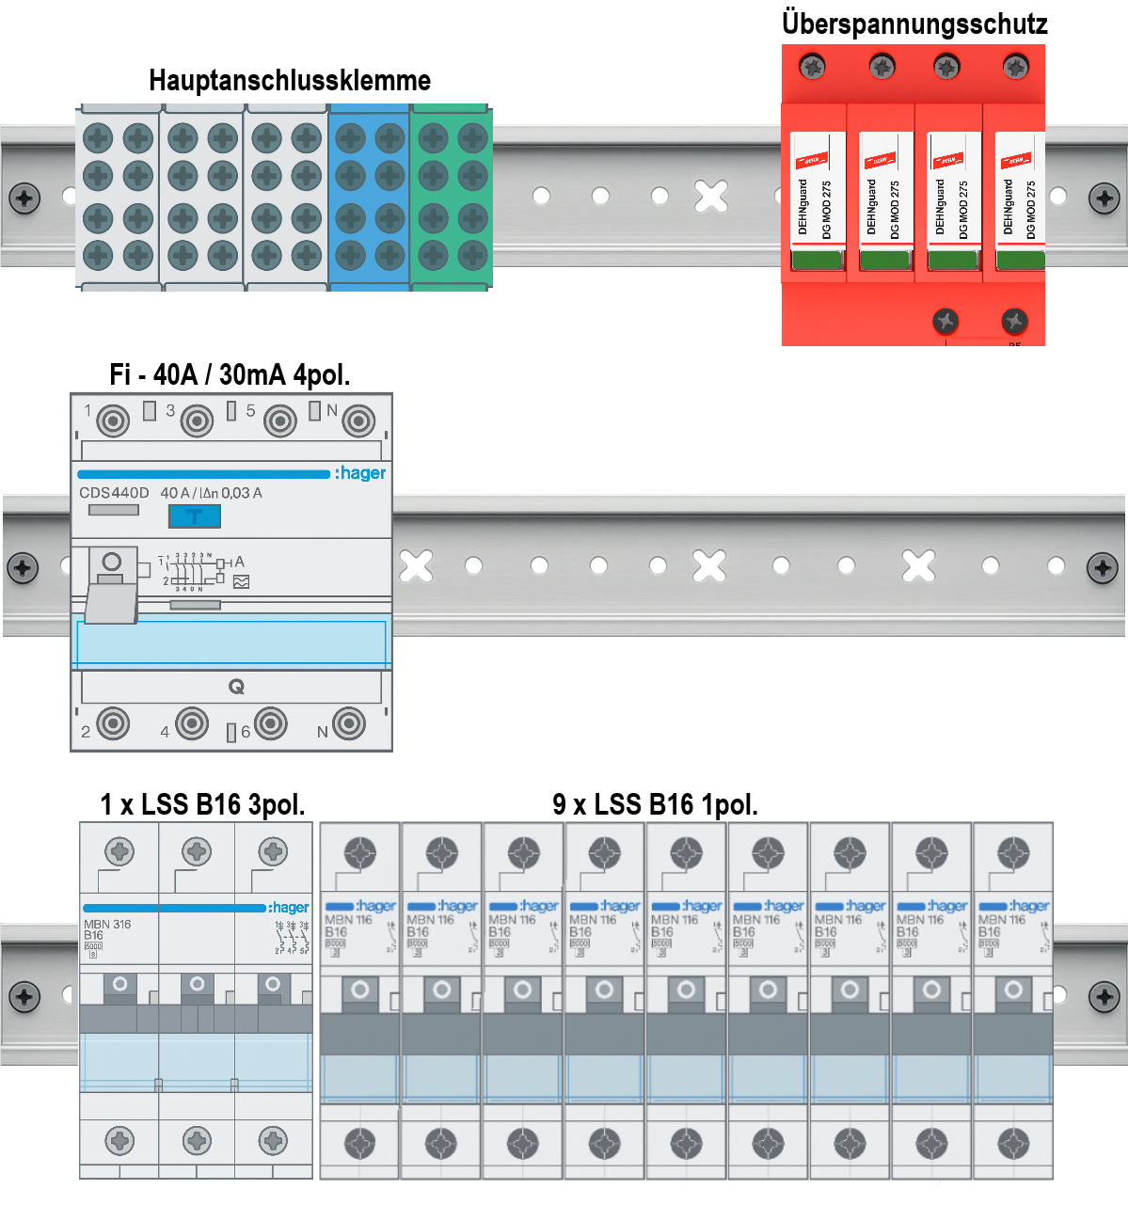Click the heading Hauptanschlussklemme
tap(290, 81)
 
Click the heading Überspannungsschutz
tap(914, 24)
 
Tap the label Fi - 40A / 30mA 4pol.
tap(230, 375)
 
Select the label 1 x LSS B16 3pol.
tap(202, 804)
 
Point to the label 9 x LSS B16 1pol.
tap(655, 804)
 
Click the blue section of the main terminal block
tap(369, 198)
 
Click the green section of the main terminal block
tap(452, 198)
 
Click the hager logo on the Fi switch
tap(360, 473)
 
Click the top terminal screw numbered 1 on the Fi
tap(113, 420)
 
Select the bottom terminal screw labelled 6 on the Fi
tap(271, 723)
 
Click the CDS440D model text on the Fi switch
tap(114, 493)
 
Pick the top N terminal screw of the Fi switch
tap(358, 420)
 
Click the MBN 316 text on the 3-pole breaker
tap(107, 925)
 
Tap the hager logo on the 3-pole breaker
tap(288, 908)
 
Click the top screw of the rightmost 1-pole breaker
tap(1013, 853)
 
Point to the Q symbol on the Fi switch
tap(236, 687)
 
